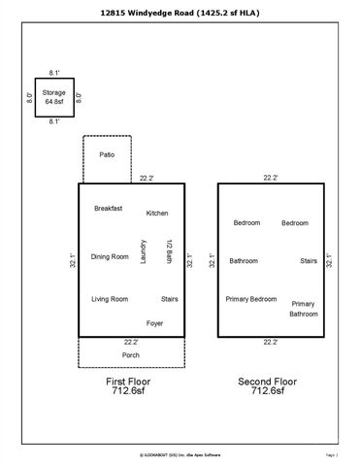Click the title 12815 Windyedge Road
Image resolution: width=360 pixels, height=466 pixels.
[x=180, y=13]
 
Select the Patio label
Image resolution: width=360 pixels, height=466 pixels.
[x=107, y=154]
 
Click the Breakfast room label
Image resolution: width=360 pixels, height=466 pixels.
[x=108, y=209]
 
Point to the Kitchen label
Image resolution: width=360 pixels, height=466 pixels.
[x=158, y=213]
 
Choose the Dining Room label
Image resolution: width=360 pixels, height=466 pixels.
[x=110, y=256]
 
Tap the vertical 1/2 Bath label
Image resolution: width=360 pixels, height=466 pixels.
[x=168, y=251]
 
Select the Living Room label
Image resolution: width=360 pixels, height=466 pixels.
[x=110, y=299]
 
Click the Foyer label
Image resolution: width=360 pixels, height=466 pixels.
[x=154, y=322]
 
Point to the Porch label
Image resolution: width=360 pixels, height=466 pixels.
[x=130, y=354]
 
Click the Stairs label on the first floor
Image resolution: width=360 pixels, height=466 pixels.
[x=169, y=299]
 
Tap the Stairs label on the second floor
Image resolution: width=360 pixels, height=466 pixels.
[x=309, y=260]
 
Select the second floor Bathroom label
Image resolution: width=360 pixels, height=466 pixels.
[x=244, y=260]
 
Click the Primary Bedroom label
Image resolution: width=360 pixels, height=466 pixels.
[x=251, y=299]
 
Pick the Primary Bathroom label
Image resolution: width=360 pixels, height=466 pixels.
[x=303, y=309]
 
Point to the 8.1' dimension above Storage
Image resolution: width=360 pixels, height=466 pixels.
[x=54, y=72]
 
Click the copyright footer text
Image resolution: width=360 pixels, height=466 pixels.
[x=180, y=453]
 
